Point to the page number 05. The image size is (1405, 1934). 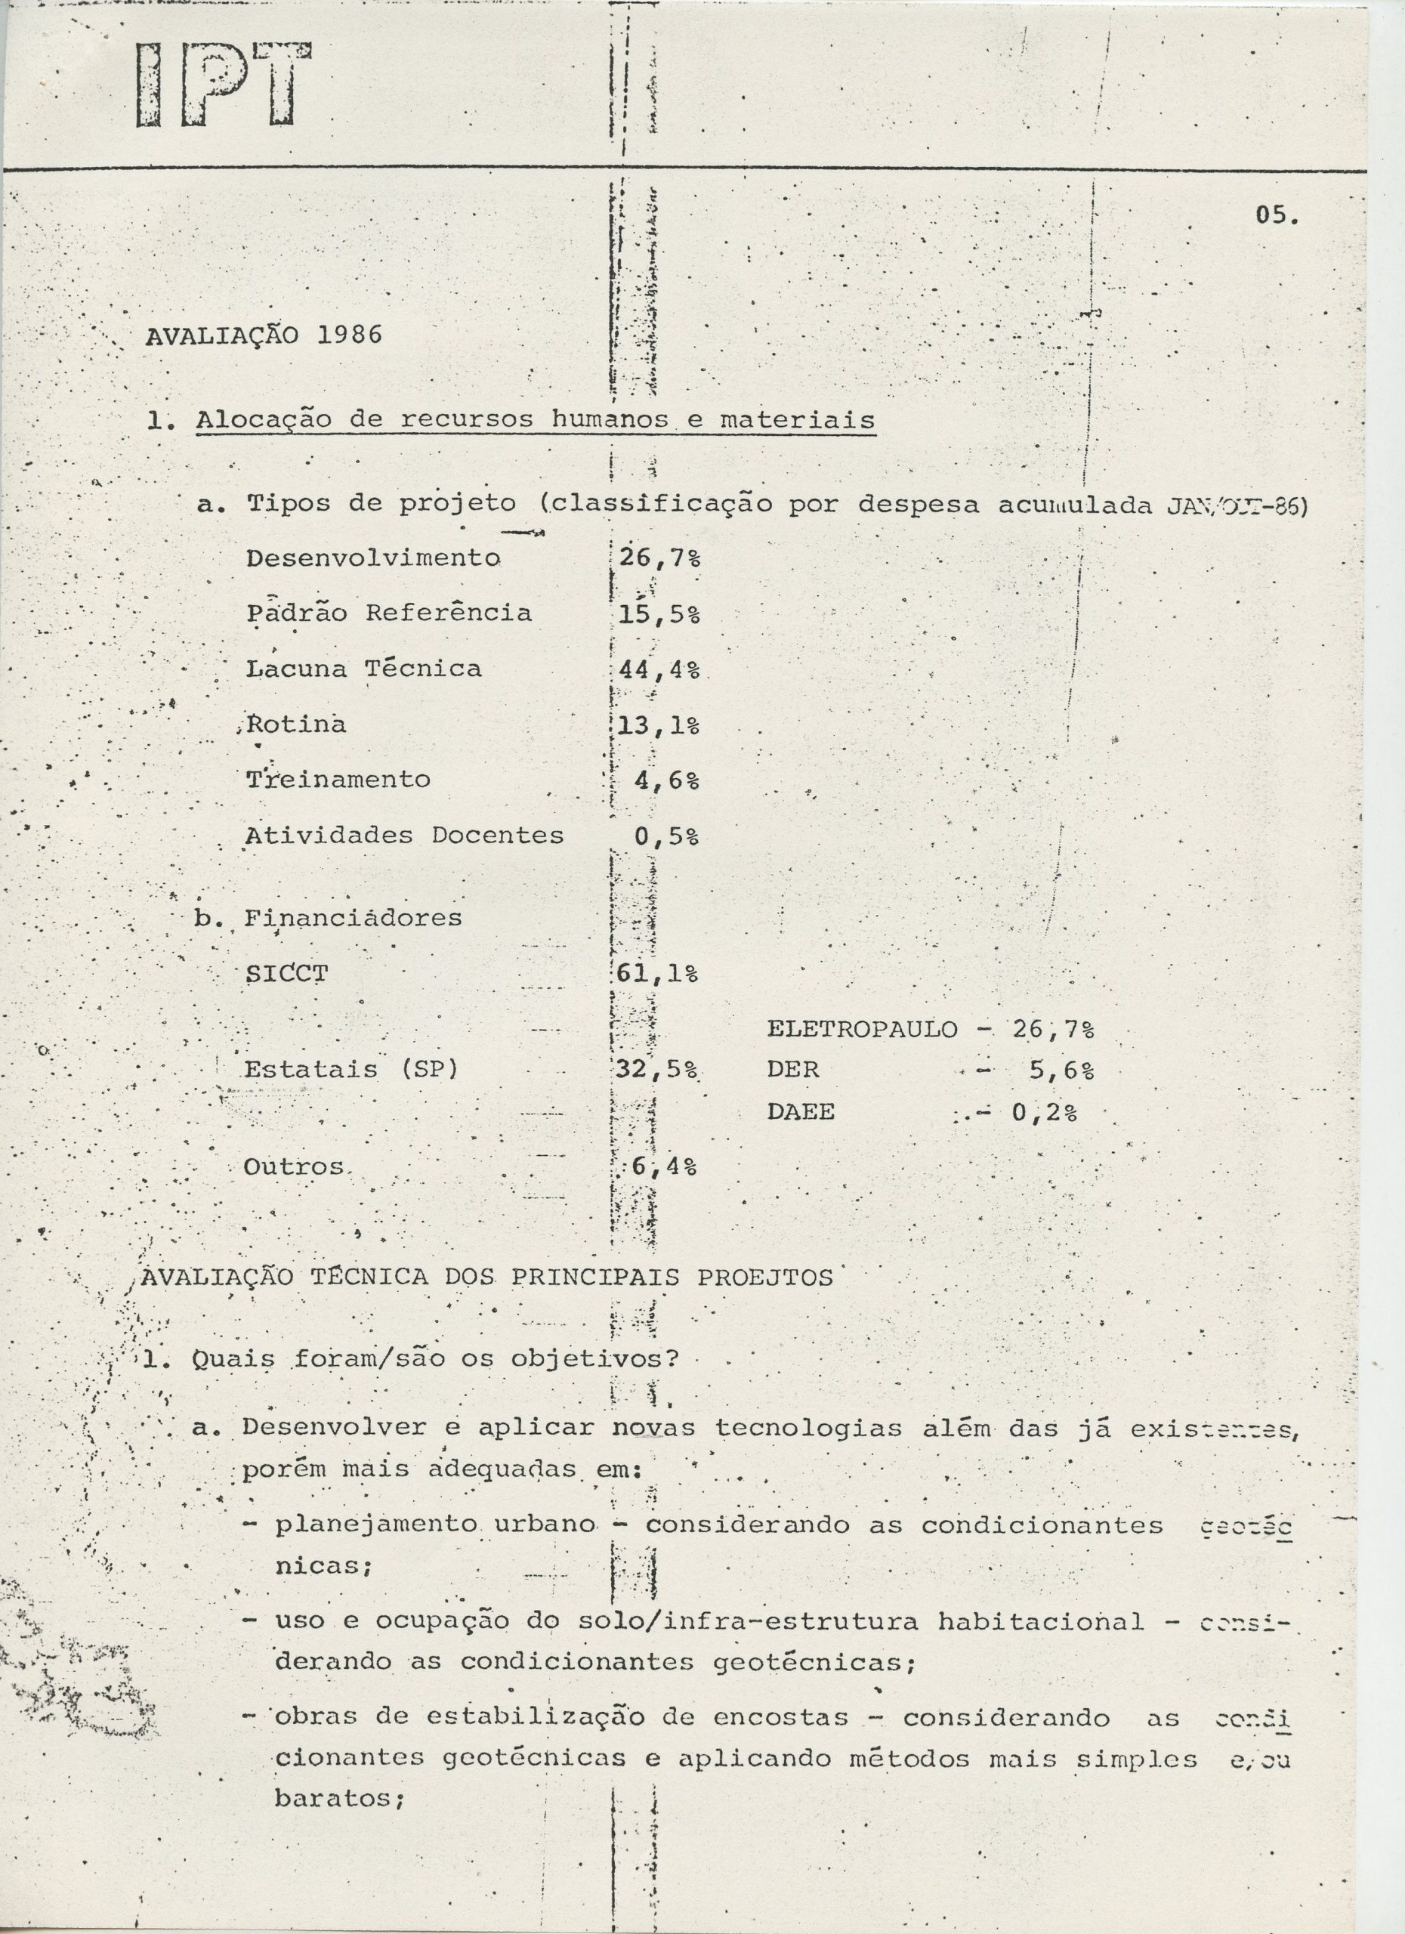tap(1277, 216)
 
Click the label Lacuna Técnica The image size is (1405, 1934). tap(364, 669)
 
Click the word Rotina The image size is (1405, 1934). tap(296, 724)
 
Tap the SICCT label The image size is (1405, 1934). tap(286, 973)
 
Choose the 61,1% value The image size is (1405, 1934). tap(657, 974)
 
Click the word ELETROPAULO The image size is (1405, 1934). tap(862, 1029)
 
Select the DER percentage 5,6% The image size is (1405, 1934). tap(1061, 1070)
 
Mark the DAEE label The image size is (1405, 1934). tap(801, 1112)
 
